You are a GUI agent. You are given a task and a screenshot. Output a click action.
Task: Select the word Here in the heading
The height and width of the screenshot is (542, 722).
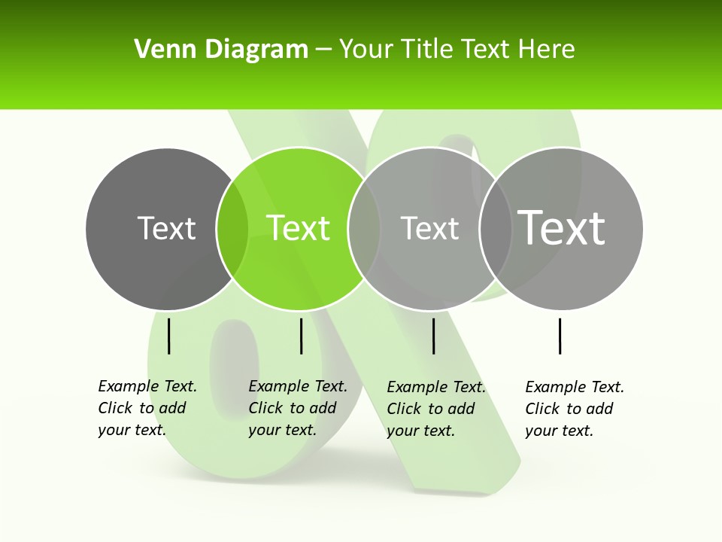(x=547, y=50)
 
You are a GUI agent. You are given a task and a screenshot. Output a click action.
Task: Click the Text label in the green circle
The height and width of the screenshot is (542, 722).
(x=299, y=228)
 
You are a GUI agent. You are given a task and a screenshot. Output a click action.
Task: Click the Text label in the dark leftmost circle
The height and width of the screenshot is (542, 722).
(x=166, y=228)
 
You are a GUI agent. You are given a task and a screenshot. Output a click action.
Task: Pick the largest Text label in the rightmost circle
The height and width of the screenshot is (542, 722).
(x=562, y=227)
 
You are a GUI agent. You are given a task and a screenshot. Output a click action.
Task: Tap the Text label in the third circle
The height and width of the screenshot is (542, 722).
(x=429, y=228)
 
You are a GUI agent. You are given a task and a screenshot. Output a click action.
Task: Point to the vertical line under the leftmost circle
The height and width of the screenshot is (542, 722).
(x=169, y=336)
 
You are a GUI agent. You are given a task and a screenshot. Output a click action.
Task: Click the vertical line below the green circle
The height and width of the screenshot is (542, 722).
(x=301, y=336)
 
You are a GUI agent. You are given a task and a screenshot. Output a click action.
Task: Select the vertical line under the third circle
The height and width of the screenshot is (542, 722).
(x=434, y=336)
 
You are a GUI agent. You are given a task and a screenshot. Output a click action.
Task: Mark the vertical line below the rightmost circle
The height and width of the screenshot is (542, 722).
(x=560, y=336)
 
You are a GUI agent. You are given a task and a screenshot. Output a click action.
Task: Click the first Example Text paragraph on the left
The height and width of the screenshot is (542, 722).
(x=147, y=408)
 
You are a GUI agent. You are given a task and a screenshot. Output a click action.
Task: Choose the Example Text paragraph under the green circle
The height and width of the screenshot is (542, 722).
(x=298, y=408)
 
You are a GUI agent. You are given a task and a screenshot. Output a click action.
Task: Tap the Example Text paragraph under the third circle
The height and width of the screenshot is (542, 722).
(x=436, y=409)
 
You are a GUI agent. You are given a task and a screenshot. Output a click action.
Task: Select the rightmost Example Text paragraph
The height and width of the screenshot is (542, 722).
(x=575, y=409)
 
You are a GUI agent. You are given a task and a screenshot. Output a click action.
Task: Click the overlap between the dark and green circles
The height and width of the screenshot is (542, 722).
(x=232, y=228)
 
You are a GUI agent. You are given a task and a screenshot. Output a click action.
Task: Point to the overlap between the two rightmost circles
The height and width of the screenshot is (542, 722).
(x=495, y=228)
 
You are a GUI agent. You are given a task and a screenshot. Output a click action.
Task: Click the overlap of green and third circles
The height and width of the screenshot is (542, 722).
(x=364, y=228)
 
